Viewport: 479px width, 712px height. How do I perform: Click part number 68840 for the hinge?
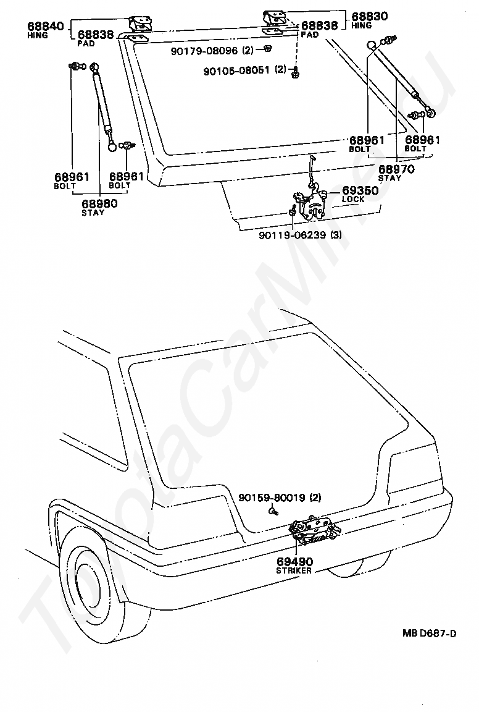click(44, 27)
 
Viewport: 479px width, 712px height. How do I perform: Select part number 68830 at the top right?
click(369, 17)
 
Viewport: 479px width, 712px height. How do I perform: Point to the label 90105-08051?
click(237, 70)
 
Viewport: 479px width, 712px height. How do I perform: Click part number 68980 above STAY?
click(99, 203)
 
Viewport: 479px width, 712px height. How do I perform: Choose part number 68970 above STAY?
click(396, 169)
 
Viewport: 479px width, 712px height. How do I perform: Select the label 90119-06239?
click(293, 235)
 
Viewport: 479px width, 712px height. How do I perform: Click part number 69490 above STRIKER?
click(294, 561)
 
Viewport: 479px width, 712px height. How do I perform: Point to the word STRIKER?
click(294, 570)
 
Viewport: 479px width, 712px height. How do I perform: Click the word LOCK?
click(353, 200)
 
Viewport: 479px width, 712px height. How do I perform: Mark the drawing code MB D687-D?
click(429, 633)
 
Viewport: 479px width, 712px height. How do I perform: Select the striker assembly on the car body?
click(314, 530)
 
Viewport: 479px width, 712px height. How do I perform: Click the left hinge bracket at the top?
click(141, 25)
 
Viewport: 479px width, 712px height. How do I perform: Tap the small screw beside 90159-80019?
click(272, 511)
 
